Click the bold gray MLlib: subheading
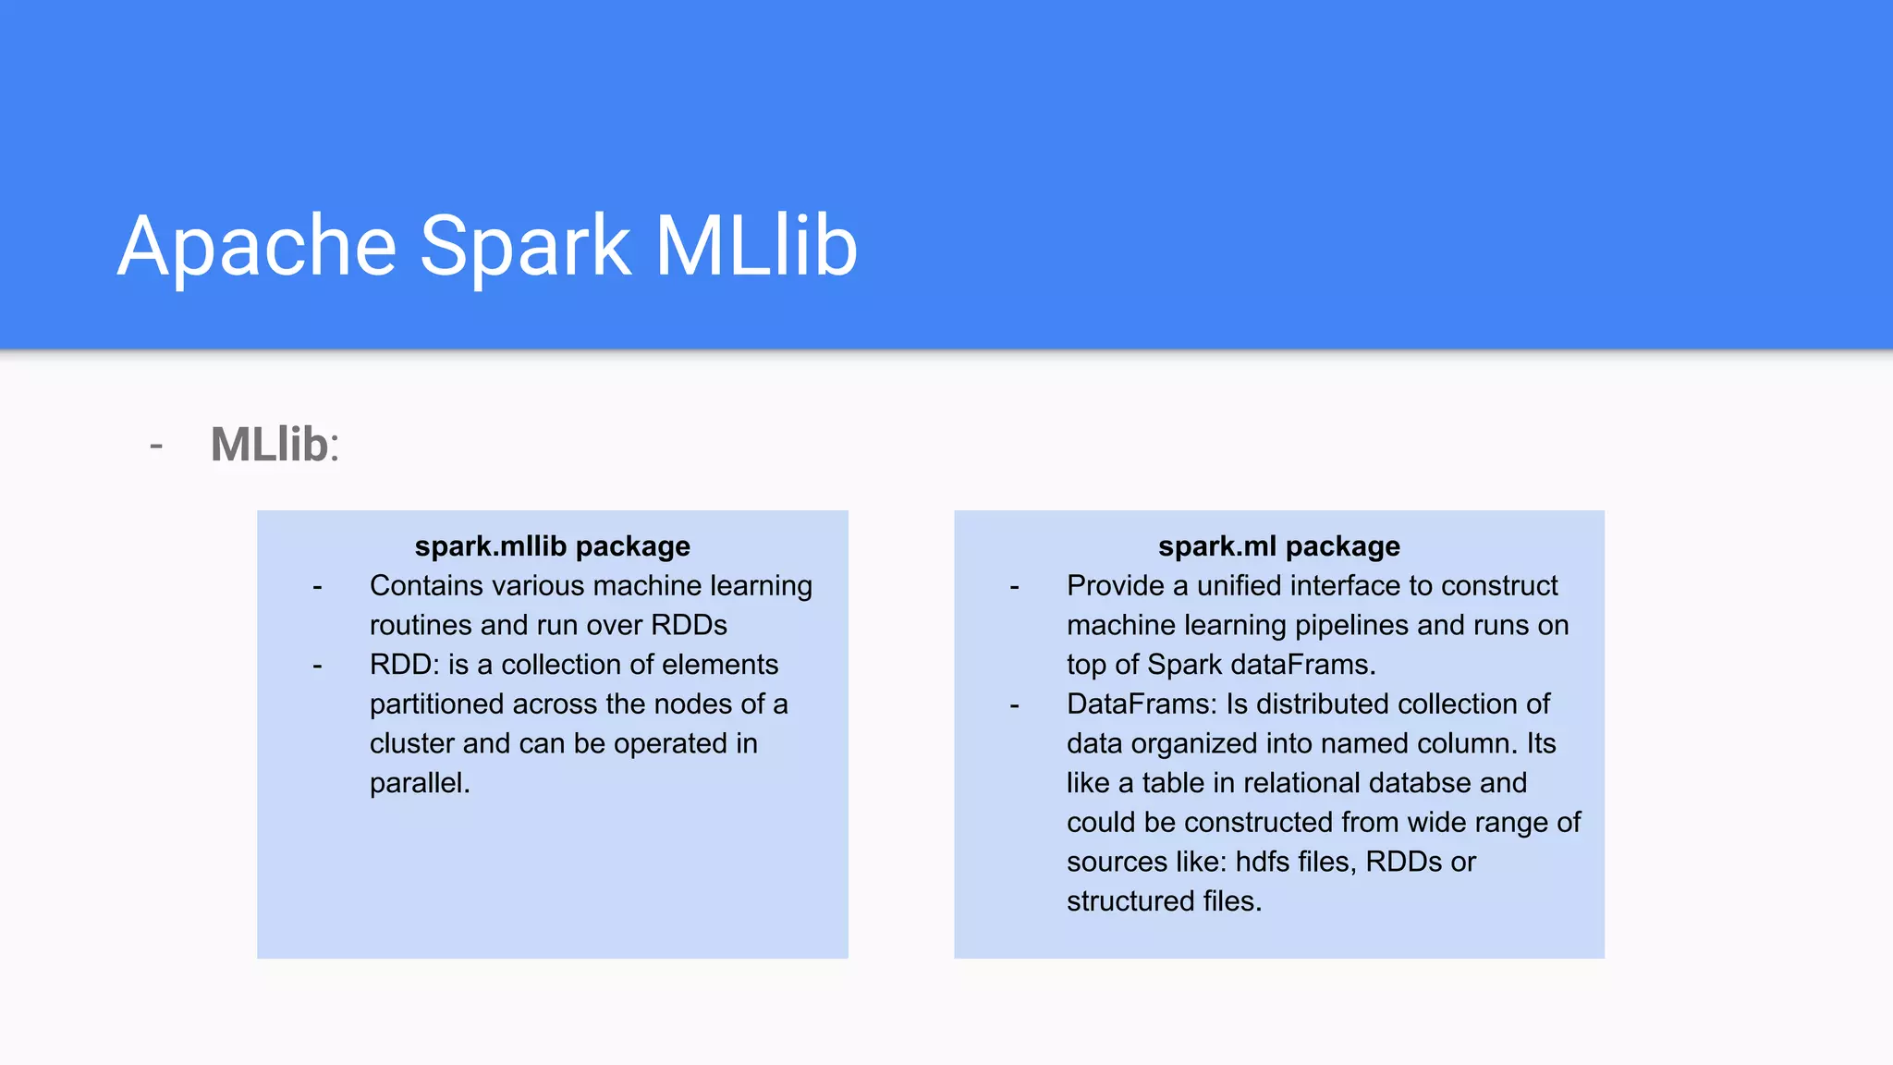(x=275, y=445)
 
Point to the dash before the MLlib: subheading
(x=156, y=447)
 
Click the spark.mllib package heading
(x=552, y=546)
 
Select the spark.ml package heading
(x=1278, y=546)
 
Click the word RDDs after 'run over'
(x=689, y=626)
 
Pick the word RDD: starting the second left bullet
(x=403, y=665)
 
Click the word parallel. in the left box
(x=420, y=783)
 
